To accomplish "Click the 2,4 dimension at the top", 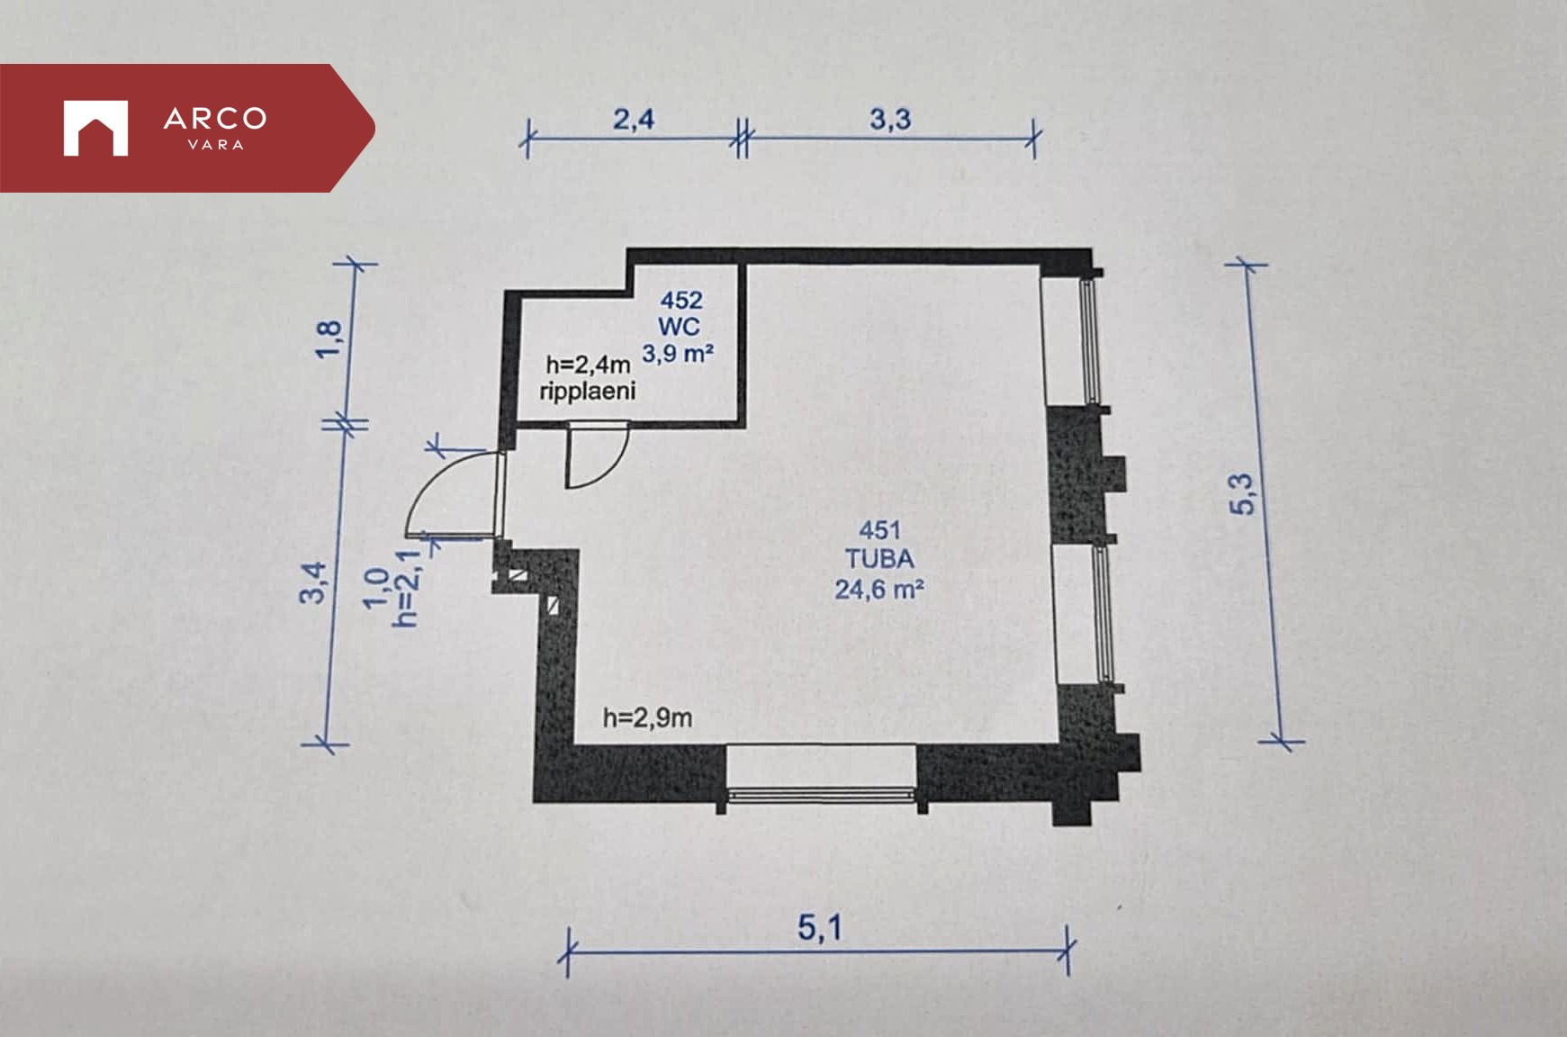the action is [634, 119].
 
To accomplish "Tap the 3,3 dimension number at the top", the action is [890, 119].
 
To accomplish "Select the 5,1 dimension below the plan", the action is [820, 927].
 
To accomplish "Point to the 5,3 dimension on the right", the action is [1242, 493].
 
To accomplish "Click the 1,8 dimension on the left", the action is [329, 339].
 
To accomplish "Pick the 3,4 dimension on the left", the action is [313, 582].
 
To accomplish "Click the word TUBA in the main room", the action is [879, 559].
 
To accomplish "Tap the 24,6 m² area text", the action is [879, 589].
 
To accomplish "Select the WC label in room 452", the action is [679, 326].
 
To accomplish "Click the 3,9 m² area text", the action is [678, 353].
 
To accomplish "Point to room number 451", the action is [879, 530].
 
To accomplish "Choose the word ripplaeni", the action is [588, 391].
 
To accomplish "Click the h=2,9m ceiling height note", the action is [647, 717].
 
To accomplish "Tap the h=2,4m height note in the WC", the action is [588, 365].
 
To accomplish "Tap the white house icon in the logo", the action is [95, 128].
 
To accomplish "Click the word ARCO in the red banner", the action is [215, 118].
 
